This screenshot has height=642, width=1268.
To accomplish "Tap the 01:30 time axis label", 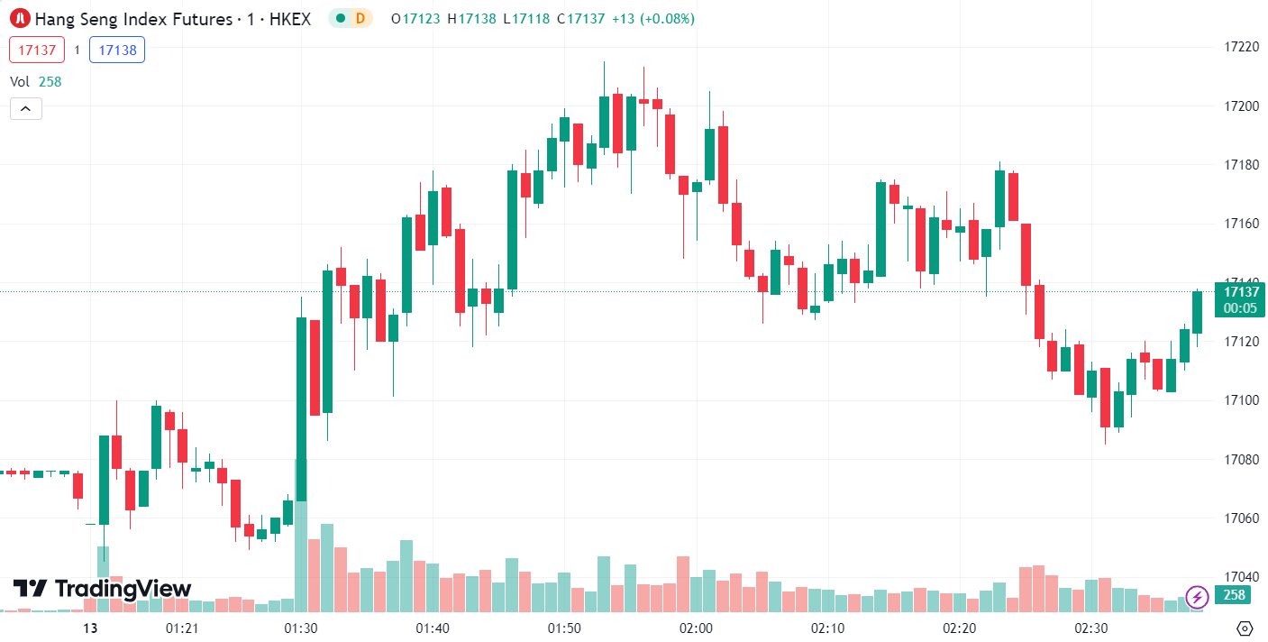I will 300,628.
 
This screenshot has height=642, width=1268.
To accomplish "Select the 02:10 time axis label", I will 827,628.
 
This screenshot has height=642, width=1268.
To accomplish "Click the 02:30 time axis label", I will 1091,628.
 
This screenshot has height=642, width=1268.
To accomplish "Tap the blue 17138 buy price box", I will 117,50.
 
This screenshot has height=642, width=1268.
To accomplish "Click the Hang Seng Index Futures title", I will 172,18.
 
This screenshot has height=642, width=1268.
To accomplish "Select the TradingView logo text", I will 102,589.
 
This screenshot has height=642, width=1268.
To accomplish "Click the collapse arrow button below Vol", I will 26,109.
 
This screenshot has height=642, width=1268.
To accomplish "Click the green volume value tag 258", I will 1234,595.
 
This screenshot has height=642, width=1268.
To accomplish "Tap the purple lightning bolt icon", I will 1197,596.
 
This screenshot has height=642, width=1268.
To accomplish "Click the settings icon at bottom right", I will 1245,628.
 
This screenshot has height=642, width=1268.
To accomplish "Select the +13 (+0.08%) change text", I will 652,18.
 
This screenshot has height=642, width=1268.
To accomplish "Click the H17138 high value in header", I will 471,18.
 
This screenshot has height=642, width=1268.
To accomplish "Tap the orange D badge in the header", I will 360,18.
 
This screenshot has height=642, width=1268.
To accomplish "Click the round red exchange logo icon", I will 18,18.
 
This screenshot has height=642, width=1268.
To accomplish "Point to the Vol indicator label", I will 20,81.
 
